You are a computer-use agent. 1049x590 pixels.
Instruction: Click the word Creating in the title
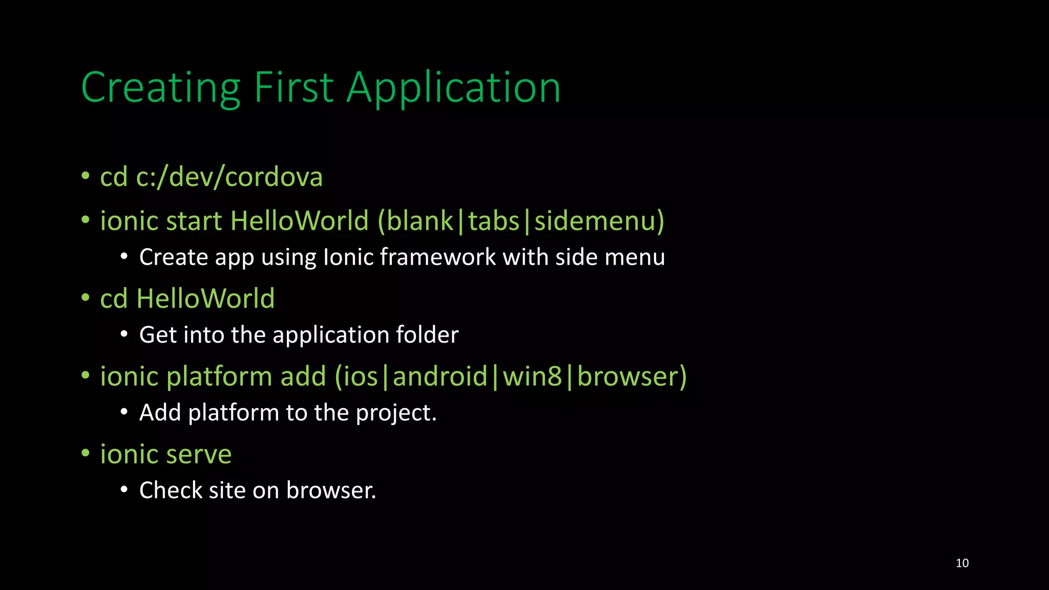[x=160, y=88]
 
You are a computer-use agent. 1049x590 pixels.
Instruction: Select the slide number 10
[x=962, y=563]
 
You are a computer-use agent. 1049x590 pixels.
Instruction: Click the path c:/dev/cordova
[x=229, y=177]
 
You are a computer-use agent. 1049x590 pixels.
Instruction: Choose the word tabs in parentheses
[x=494, y=221]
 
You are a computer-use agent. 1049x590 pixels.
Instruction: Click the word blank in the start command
[x=420, y=221]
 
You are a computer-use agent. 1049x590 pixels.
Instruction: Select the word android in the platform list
[x=440, y=376]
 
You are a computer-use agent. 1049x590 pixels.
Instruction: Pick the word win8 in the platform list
[x=532, y=376]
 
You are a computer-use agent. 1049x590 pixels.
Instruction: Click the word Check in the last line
[x=171, y=491]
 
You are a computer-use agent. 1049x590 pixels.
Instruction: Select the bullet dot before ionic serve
[x=86, y=453]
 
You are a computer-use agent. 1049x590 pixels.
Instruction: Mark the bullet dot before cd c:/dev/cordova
[x=86, y=176]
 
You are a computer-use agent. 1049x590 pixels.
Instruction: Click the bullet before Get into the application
[x=124, y=334]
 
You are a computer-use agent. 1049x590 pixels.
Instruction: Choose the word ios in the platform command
[x=361, y=376]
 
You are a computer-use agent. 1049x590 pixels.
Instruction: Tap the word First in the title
[x=294, y=88]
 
